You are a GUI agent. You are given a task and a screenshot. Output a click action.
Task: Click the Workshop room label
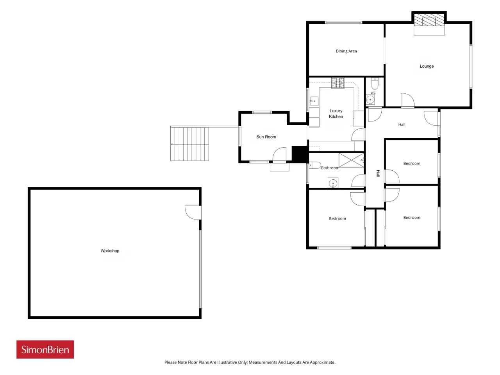[110, 251]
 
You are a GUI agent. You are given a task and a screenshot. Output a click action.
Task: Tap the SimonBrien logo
[45, 349]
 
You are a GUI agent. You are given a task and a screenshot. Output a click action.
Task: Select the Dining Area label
[346, 51]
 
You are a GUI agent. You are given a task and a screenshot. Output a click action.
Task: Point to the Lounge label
[427, 66]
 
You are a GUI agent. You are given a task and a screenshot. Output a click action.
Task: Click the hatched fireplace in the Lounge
[429, 20]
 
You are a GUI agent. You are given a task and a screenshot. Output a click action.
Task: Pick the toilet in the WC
[375, 84]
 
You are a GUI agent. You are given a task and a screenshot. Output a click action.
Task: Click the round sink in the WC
[370, 100]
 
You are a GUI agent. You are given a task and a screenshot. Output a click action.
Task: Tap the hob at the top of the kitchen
[338, 83]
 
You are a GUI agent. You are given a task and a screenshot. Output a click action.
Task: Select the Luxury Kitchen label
[336, 114]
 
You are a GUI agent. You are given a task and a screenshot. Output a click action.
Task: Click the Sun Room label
[266, 137]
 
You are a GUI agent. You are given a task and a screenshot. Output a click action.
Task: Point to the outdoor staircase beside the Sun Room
[189, 144]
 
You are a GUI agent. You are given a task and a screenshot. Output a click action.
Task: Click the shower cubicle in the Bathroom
[351, 160]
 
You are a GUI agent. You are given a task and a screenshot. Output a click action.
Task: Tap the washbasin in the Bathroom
[333, 183]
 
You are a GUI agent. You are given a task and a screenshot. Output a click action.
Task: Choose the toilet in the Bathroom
[315, 165]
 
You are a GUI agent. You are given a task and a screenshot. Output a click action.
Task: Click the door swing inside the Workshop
[192, 212]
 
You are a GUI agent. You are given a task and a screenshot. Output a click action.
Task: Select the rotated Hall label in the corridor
[378, 173]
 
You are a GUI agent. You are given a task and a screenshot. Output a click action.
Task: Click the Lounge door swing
[407, 100]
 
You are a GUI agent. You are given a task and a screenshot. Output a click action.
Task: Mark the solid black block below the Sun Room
[300, 154]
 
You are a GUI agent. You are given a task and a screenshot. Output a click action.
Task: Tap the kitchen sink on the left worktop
[314, 101]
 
